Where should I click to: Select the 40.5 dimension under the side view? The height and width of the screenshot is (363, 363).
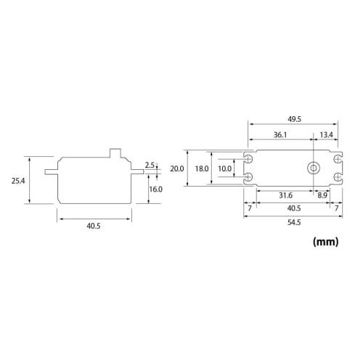[x=93, y=226]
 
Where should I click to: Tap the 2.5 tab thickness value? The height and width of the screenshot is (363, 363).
[x=150, y=165]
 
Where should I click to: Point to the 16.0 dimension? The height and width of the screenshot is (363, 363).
[x=155, y=189]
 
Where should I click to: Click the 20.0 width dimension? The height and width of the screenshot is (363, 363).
[x=177, y=168]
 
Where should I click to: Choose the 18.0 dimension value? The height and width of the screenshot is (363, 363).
[x=201, y=168]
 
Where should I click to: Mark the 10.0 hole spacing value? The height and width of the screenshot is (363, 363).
[x=224, y=168]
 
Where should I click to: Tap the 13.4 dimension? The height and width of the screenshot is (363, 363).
[x=326, y=134]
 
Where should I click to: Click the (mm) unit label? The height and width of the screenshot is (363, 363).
[x=325, y=242]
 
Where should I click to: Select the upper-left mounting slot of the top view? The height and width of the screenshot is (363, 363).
[x=249, y=158]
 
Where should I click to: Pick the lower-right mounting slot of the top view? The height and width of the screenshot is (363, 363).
[x=337, y=178]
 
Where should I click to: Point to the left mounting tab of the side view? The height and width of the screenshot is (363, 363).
[x=51, y=172]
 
